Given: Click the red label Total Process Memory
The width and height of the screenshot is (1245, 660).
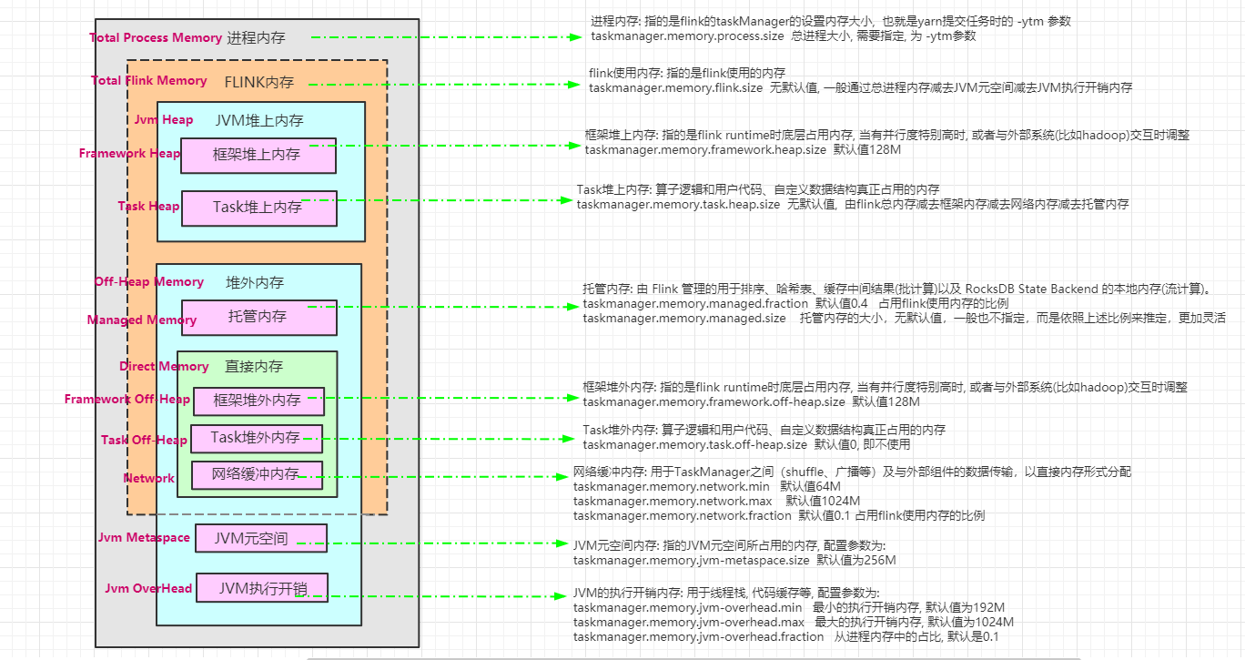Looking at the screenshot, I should point(156,37).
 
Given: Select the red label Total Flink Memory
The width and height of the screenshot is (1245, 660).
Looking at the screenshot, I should point(149,80).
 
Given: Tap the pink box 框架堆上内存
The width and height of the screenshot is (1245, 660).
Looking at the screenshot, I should point(258,156).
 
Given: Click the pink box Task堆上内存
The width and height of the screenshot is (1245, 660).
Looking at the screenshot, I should point(258,208).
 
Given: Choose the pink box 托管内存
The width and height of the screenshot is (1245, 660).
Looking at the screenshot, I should point(258,317).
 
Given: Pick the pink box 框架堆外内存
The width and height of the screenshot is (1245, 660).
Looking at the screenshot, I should point(257,401).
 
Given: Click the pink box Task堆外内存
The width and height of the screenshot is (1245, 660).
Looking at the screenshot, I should point(256,438).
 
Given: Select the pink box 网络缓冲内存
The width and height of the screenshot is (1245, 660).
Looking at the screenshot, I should point(256,474).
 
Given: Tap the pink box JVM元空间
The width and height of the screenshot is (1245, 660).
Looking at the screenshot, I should point(260,538).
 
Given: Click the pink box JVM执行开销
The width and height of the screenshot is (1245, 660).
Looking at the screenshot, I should point(261,587).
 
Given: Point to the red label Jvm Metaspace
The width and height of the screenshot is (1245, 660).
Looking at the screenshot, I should point(144,537).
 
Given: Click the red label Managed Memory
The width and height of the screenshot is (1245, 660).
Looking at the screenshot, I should point(142,320).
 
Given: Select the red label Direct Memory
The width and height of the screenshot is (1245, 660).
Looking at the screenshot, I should point(164,366).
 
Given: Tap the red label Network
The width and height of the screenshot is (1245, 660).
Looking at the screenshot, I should point(148,478).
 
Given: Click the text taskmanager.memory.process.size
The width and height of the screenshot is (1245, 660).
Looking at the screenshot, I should point(687,36).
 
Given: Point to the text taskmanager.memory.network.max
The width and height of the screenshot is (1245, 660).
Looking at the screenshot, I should point(673,501).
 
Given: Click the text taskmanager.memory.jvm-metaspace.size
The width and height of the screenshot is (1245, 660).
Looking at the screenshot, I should point(691,560).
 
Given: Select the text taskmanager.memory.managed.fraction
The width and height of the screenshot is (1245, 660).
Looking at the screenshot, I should point(695,303).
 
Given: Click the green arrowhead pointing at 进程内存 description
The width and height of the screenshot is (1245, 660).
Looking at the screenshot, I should point(575,37).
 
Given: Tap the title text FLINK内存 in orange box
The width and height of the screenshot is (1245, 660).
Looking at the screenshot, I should point(259,82).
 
